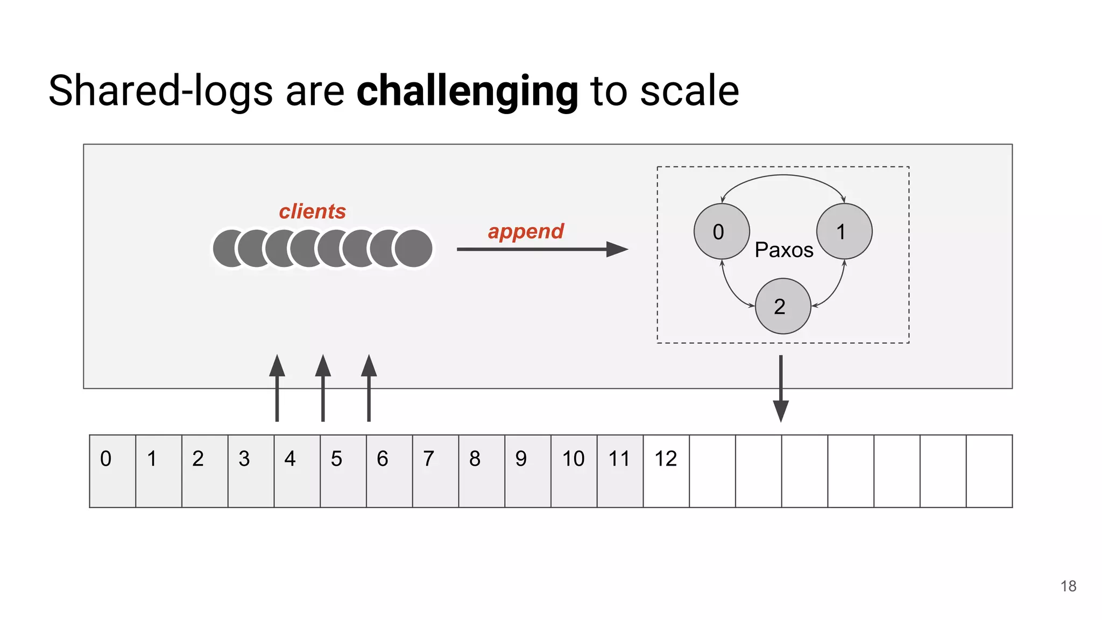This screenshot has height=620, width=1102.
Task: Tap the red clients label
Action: (312, 212)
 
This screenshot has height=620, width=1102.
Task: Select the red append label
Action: (526, 231)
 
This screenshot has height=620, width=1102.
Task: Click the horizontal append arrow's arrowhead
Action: (617, 249)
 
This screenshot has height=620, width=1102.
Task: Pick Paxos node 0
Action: (722, 231)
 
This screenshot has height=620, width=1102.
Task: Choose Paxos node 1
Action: (844, 231)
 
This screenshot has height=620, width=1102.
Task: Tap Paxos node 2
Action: (783, 306)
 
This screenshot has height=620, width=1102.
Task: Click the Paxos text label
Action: (784, 250)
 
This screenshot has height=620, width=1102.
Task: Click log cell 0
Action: (112, 471)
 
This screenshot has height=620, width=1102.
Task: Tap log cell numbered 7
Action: (435, 471)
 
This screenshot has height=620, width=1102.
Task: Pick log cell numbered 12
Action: (666, 471)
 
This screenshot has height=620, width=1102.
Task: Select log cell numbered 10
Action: (574, 471)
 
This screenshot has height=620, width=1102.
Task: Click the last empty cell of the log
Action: (989, 471)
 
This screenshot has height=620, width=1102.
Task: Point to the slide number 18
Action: (1068, 586)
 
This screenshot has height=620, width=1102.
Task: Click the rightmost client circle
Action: (413, 248)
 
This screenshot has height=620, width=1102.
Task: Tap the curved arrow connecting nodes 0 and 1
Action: (783, 176)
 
